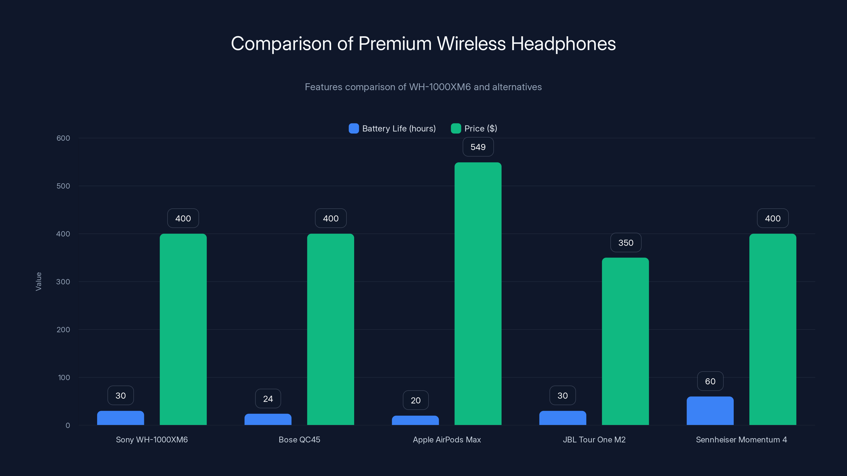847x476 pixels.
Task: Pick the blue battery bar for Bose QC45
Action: tap(268, 419)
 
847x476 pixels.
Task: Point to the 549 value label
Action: tap(478, 147)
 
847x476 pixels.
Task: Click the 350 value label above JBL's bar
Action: tap(625, 243)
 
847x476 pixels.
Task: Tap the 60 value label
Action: tap(710, 381)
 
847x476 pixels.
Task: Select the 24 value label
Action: tap(268, 399)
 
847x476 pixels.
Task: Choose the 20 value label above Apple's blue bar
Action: tap(415, 400)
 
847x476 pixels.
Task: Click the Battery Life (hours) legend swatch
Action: tap(353, 129)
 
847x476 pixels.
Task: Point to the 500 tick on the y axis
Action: tap(63, 186)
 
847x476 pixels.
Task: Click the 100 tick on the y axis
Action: tap(64, 377)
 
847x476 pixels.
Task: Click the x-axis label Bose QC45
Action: tap(299, 440)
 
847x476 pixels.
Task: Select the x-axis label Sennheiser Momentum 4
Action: tap(741, 440)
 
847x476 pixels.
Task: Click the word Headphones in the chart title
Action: tap(563, 44)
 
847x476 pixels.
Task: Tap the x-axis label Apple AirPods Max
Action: tap(447, 440)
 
